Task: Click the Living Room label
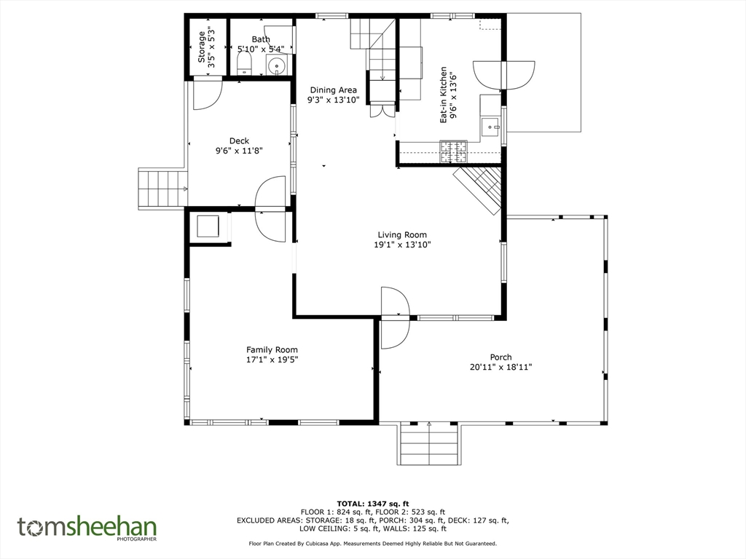tap(402, 234)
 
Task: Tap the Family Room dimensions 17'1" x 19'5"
tap(272, 360)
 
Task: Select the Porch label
tap(501, 357)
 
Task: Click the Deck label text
tap(239, 140)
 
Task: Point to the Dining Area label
tap(333, 90)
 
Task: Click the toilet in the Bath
tap(244, 63)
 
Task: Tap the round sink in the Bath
tap(276, 65)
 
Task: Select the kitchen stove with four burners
tap(453, 152)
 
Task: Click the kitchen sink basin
tap(490, 127)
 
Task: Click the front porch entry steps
tap(429, 443)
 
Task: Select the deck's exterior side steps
tap(162, 189)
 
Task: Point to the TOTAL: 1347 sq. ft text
tap(373, 504)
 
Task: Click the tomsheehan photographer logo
tap(87, 528)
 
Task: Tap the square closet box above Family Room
tap(208, 226)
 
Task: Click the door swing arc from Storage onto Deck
tap(208, 95)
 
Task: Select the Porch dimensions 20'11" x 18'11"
tap(501, 367)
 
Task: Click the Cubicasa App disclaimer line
tap(373, 543)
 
